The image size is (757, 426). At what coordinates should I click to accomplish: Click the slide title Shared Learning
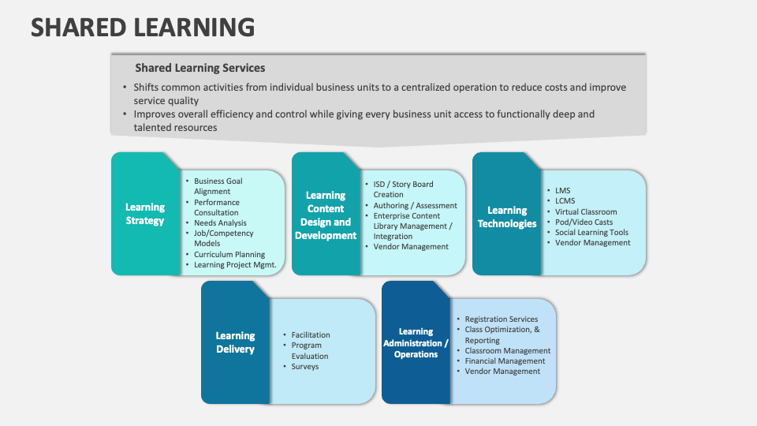pyautogui.click(x=143, y=27)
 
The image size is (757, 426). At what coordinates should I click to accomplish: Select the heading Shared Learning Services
pyautogui.click(x=200, y=68)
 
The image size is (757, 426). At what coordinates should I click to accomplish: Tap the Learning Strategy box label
pyautogui.click(x=145, y=214)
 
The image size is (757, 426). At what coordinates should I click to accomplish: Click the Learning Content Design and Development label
pyautogui.click(x=326, y=215)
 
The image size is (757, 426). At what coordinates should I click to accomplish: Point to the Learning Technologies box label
pyautogui.click(x=507, y=217)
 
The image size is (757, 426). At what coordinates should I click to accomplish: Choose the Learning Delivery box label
pyautogui.click(x=235, y=342)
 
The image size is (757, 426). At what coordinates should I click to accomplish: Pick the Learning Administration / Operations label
pyautogui.click(x=416, y=343)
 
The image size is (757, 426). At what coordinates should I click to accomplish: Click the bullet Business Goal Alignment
pyautogui.click(x=218, y=186)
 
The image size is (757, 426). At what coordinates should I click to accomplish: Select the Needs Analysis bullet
pyautogui.click(x=220, y=223)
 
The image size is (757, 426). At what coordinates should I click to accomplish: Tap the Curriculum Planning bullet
pyautogui.click(x=229, y=255)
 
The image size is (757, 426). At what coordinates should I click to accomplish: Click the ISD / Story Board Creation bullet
pyautogui.click(x=403, y=189)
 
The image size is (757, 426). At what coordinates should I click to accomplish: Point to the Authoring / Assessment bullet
pyautogui.click(x=415, y=206)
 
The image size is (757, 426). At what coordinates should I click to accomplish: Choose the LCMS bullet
pyautogui.click(x=565, y=201)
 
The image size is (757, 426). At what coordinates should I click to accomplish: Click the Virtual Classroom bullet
pyautogui.click(x=586, y=211)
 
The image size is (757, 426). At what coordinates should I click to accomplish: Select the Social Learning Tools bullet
pyautogui.click(x=591, y=233)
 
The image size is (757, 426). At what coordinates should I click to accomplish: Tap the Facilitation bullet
pyautogui.click(x=311, y=335)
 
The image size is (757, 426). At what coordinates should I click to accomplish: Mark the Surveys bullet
pyautogui.click(x=305, y=367)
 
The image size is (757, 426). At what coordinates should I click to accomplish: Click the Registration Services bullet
pyautogui.click(x=502, y=319)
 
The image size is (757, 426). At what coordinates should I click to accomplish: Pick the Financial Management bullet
pyautogui.click(x=505, y=361)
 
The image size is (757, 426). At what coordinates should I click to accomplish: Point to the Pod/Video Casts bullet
pyautogui.click(x=584, y=222)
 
